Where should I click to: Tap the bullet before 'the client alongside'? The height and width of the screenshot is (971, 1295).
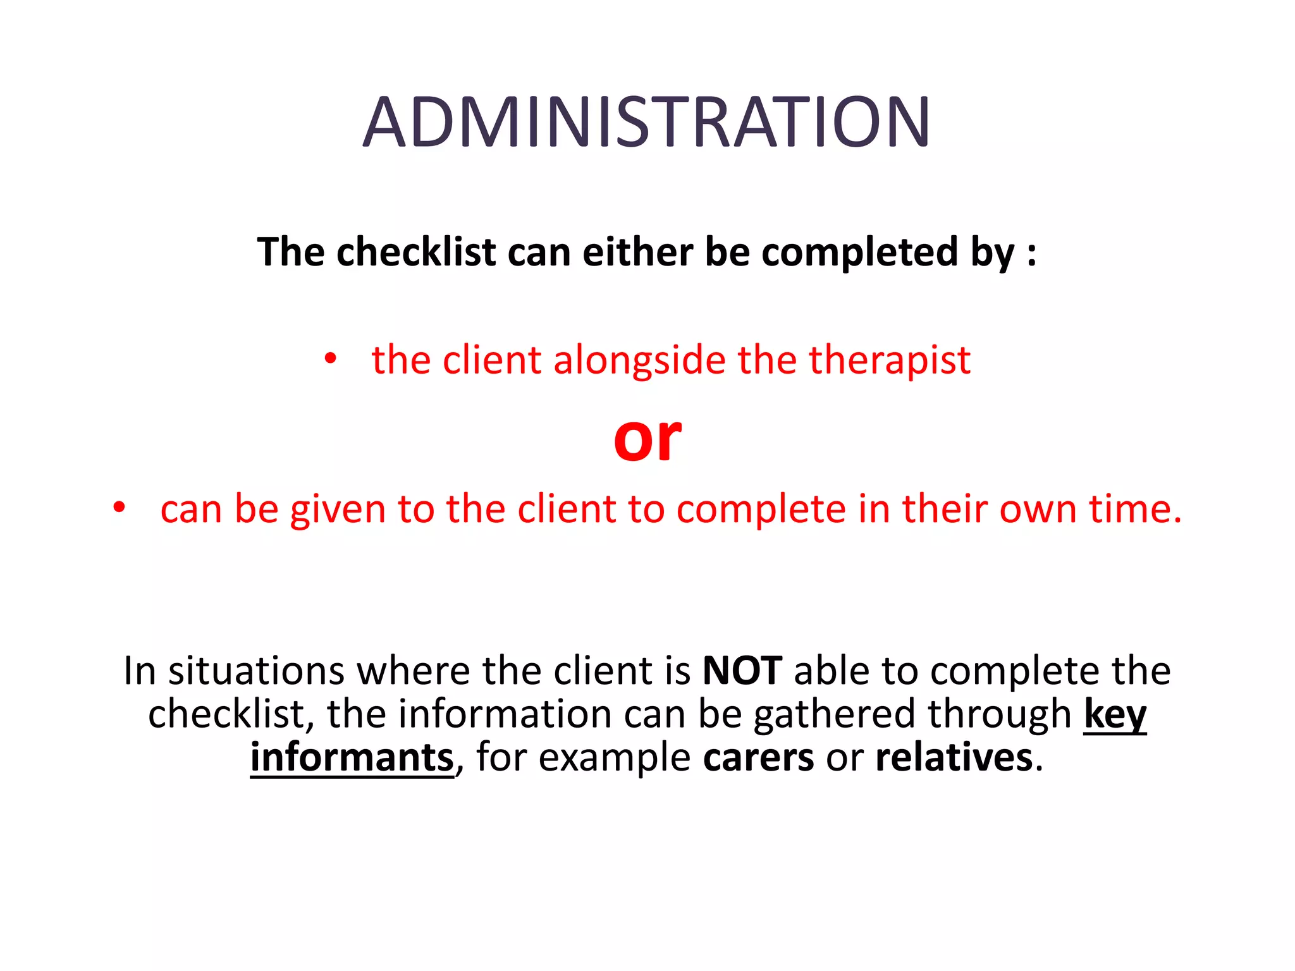330,359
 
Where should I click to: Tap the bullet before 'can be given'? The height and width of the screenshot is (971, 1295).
119,508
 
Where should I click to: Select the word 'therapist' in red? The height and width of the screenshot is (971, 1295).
890,360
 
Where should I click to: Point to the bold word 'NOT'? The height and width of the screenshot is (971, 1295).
742,671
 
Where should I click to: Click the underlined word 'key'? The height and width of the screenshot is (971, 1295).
1115,715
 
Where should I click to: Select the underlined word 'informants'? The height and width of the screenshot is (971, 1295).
352,757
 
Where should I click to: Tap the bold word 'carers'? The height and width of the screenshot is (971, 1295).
758,757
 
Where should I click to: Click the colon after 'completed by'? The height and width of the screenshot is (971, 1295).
1032,252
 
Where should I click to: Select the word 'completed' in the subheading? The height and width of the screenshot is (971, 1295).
860,252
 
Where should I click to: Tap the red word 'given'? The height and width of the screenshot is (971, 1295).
338,509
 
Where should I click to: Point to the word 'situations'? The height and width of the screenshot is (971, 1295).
256,671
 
